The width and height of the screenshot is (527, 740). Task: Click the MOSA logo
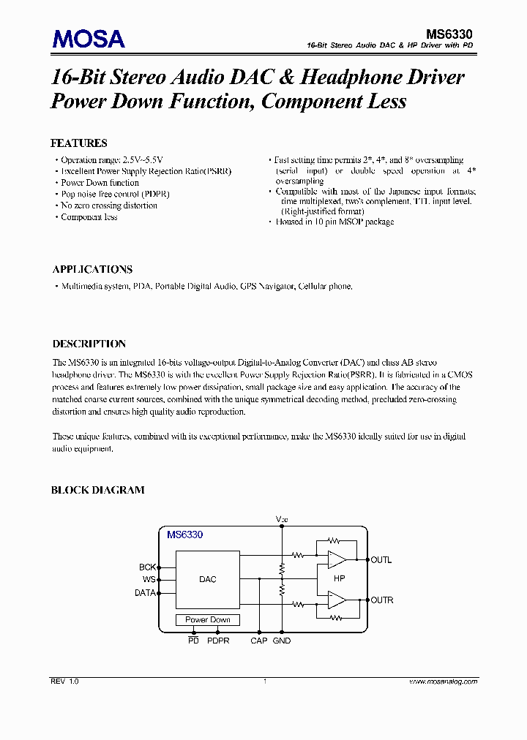[x=88, y=38]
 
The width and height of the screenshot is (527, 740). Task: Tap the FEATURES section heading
[x=78, y=143]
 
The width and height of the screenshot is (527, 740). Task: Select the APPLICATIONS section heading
[x=92, y=269]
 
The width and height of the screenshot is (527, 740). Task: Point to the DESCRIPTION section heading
[x=89, y=344]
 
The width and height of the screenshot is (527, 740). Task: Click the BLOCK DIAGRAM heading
[x=97, y=490]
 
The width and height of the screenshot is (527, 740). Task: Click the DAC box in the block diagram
[x=208, y=579]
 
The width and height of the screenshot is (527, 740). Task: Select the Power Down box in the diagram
[x=208, y=619]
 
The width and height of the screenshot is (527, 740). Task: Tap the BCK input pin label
[x=147, y=567]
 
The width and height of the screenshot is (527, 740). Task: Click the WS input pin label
[x=149, y=580]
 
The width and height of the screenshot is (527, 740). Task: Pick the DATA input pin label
[x=145, y=593]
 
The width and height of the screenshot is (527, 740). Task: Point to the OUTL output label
[x=381, y=560]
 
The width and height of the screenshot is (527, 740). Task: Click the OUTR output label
[x=382, y=600]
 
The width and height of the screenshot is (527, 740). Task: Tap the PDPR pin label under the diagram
[x=218, y=641]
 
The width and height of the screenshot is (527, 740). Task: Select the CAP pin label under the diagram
[x=259, y=641]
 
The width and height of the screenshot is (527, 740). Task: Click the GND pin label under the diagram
[x=282, y=641]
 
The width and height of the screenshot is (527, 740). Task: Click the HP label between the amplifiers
[x=339, y=579]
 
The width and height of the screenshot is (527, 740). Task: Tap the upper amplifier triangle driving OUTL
[x=337, y=560]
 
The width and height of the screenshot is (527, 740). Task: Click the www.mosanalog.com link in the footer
[x=441, y=681]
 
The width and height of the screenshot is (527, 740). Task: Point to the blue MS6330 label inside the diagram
[x=184, y=535]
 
